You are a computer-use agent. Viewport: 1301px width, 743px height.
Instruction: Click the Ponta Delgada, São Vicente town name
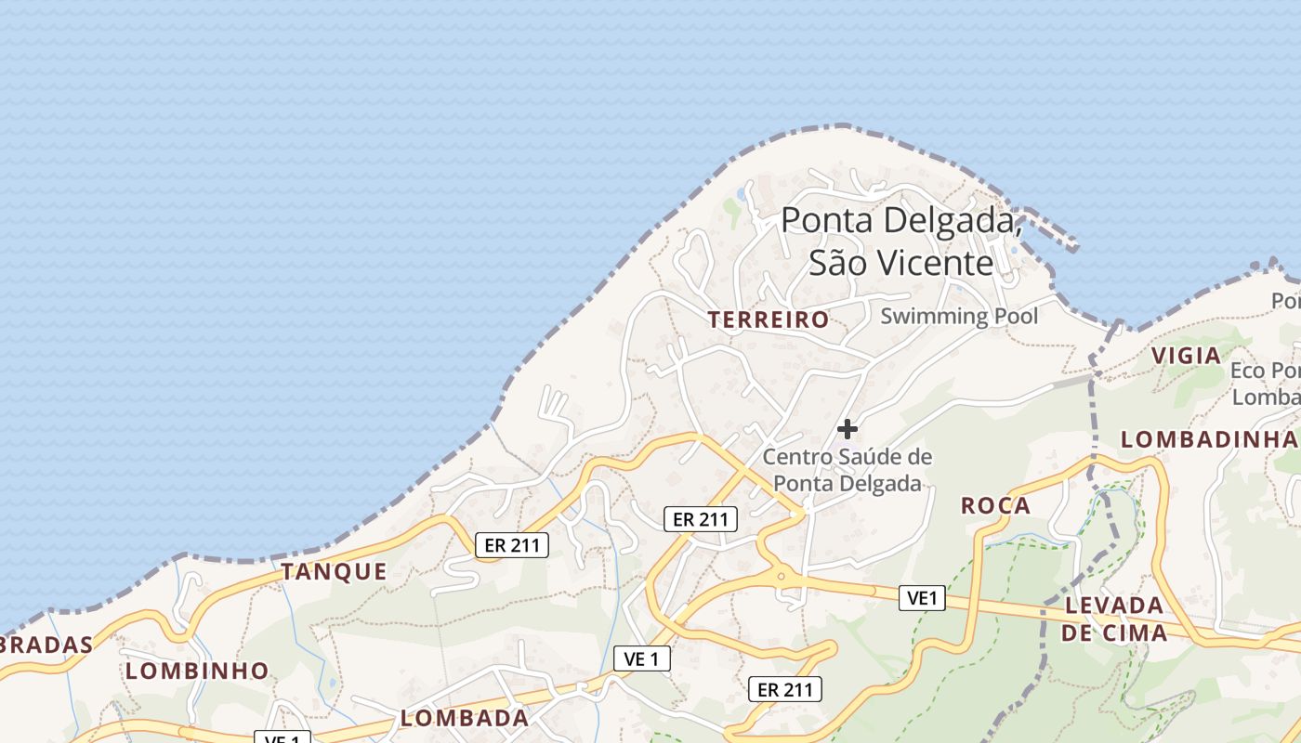coord(901,241)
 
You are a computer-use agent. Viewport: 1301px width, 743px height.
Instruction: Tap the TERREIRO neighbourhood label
coord(768,320)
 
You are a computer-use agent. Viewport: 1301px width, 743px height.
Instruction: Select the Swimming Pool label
coord(959,316)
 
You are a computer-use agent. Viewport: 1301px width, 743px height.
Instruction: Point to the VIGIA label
coord(1186,356)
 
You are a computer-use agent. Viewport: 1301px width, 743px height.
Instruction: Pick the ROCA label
coord(995,506)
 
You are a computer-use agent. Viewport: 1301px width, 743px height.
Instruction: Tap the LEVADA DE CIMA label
coord(1114,619)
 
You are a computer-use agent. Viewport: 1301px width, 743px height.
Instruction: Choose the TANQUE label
coord(334,572)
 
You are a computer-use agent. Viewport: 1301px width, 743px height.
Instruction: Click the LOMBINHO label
coord(197,671)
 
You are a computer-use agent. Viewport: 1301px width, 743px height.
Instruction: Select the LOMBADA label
coord(464,718)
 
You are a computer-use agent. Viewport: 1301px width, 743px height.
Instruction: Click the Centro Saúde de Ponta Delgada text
coord(848,470)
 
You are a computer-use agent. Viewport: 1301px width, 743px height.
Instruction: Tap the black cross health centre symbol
coord(848,429)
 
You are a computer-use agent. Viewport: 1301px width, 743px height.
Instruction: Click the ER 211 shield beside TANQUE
coord(512,545)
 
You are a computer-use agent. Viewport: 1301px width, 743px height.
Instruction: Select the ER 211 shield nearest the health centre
coord(701,519)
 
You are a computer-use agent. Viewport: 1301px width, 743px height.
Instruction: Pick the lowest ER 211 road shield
coord(785,689)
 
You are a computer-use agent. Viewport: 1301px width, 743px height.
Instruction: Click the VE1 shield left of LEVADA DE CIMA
coord(922,598)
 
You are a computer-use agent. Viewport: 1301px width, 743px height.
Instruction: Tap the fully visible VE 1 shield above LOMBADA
coord(642,659)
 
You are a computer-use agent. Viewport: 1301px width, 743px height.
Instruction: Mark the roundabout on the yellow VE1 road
coord(782,577)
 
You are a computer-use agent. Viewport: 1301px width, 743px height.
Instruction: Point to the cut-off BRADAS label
coord(46,645)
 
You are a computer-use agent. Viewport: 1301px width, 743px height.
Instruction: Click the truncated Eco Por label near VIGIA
coord(1265,384)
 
